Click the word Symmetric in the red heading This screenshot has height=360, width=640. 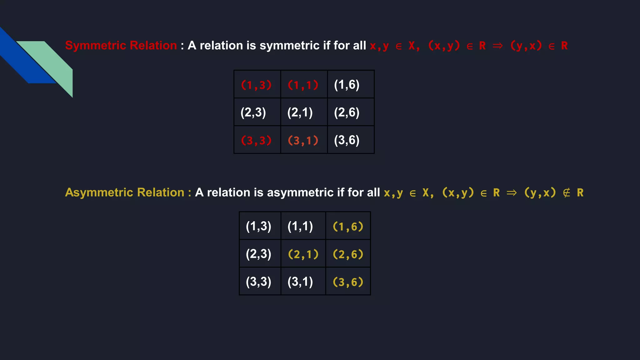pyautogui.click(x=95, y=46)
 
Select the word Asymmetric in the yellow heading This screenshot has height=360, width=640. pyautogui.click(x=99, y=192)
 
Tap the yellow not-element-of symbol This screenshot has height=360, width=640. pyautogui.click(x=566, y=193)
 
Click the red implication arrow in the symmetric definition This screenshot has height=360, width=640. pyautogui.click(x=497, y=46)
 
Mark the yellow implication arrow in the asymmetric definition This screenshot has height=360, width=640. pyautogui.click(x=512, y=193)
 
